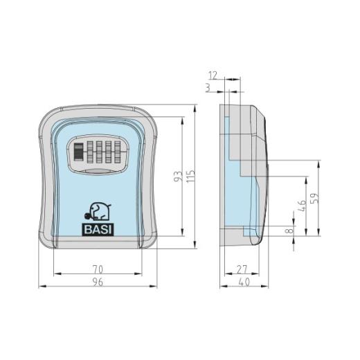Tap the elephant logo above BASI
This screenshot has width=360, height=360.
(x=99, y=212)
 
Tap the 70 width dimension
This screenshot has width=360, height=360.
(x=97, y=269)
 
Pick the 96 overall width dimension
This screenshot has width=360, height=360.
(x=97, y=280)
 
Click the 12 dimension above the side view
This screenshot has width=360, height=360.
(x=213, y=75)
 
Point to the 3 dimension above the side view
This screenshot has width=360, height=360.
(x=210, y=87)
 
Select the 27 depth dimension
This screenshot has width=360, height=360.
(x=242, y=269)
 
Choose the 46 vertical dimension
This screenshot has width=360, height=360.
(x=301, y=206)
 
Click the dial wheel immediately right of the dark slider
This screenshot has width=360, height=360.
(x=90, y=151)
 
